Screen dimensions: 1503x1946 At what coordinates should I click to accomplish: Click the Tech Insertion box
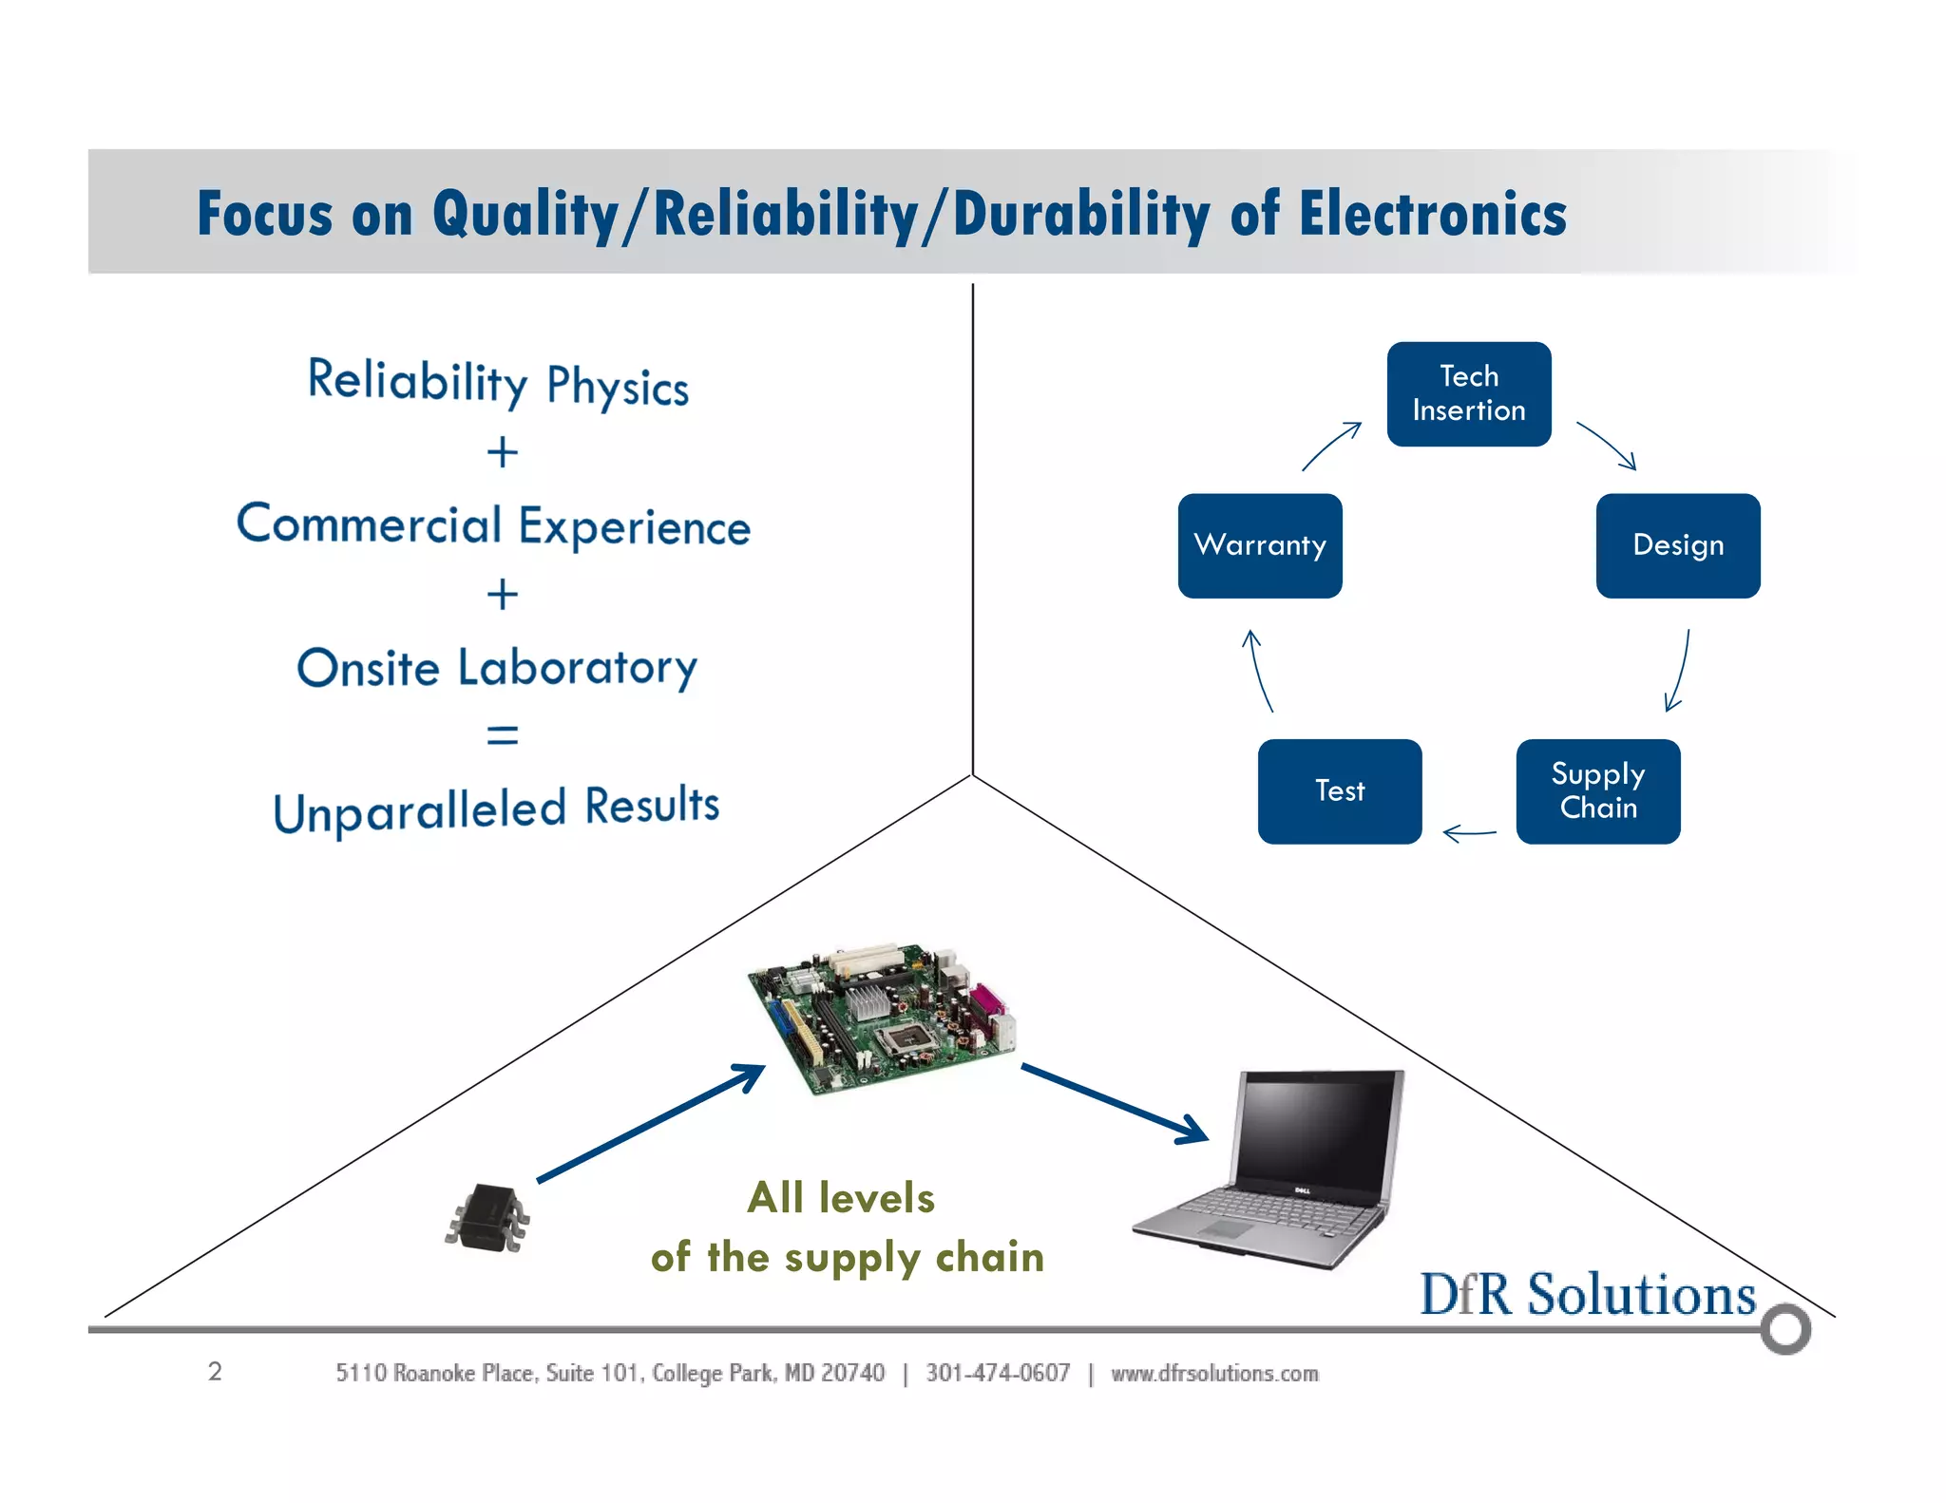coord(1468,393)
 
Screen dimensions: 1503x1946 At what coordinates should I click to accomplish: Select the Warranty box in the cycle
coord(1259,545)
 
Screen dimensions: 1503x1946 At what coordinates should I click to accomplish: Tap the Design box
coord(1677,545)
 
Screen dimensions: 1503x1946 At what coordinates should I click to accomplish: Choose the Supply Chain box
coord(1597,790)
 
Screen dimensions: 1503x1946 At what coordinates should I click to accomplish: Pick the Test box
coord(1339,790)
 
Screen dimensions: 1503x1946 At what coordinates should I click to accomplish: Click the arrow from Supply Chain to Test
coord(1469,833)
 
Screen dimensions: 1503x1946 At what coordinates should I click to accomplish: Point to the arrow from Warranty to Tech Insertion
coord(1330,446)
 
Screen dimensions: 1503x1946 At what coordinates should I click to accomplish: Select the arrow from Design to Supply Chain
coord(1679,671)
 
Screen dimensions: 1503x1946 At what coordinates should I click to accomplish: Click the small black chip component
coord(487,1217)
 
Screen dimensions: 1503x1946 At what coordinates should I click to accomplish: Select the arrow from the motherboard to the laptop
coord(1114,1102)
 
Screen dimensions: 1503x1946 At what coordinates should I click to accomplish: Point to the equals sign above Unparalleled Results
coord(502,734)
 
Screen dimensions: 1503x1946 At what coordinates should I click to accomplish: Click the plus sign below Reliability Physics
coord(502,452)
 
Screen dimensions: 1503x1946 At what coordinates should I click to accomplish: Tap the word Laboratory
coord(577,667)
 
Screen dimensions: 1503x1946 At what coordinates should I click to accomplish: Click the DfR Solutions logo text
coord(1587,1294)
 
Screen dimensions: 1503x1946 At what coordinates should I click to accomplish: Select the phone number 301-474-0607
coord(998,1373)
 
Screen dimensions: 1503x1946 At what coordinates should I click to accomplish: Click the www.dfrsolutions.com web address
coord(1214,1373)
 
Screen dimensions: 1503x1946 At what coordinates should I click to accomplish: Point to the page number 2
coord(215,1371)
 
